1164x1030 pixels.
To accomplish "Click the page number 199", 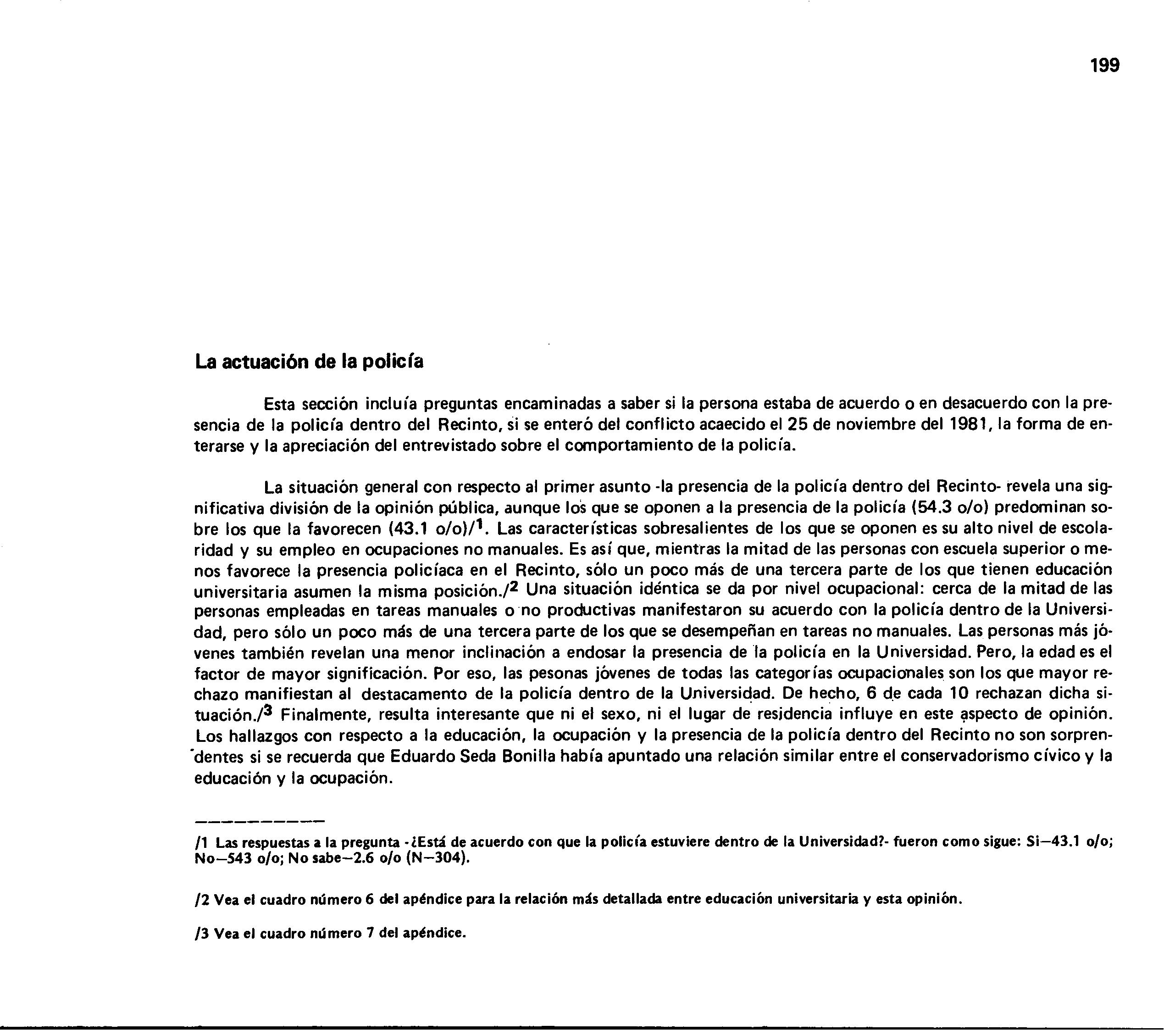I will (x=1105, y=66).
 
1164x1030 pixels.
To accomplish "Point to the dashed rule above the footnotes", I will (x=259, y=822).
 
